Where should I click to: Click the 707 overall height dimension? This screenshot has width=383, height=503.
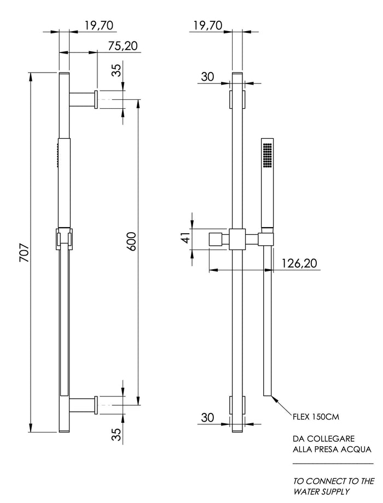tap(25, 253)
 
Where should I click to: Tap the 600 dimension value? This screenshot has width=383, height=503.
tap(132, 241)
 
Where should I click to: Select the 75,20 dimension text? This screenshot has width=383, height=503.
tap(123, 46)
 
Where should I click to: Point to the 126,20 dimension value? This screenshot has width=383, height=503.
tap(299, 263)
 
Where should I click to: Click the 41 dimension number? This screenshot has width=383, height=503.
tap(187, 238)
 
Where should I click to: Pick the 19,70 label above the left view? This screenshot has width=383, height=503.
tap(99, 25)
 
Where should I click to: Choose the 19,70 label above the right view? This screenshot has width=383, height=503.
tap(207, 25)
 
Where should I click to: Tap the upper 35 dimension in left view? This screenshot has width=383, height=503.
tap(118, 70)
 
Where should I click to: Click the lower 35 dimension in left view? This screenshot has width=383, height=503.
tap(118, 434)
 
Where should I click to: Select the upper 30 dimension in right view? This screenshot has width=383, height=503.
tap(207, 76)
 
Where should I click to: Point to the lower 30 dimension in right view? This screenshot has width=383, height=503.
tap(207, 417)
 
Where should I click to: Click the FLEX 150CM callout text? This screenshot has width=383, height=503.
tap(316, 417)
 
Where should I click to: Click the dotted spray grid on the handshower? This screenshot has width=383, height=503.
tap(268, 155)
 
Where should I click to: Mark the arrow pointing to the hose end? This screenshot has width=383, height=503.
tap(281, 405)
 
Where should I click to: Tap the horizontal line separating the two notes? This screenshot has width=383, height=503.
tap(333, 464)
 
